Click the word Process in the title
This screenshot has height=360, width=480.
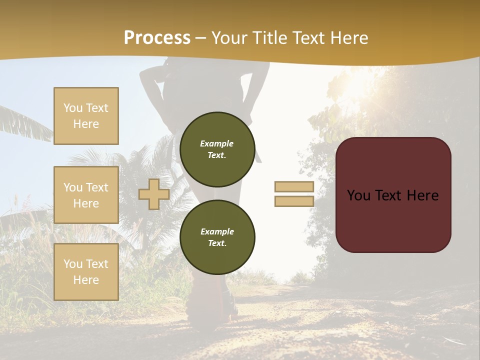[157, 37]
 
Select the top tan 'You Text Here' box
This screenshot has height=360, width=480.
[86, 116]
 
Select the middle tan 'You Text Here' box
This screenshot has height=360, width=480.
[86, 195]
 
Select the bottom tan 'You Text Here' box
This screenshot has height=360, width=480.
[86, 271]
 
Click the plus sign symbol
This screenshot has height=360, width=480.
[154, 194]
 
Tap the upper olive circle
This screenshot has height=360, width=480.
[217, 149]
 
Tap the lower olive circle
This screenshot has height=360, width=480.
[217, 237]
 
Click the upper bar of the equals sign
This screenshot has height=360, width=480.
[294, 186]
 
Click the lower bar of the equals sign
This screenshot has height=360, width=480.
[294, 201]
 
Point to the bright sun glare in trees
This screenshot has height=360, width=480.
[357, 85]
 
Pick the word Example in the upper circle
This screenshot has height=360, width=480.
[217, 143]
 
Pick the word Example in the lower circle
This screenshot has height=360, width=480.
[217, 231]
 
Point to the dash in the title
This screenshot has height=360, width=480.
[200, 38]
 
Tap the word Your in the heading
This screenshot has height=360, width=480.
[228, 37]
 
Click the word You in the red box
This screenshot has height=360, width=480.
[358, 195]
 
